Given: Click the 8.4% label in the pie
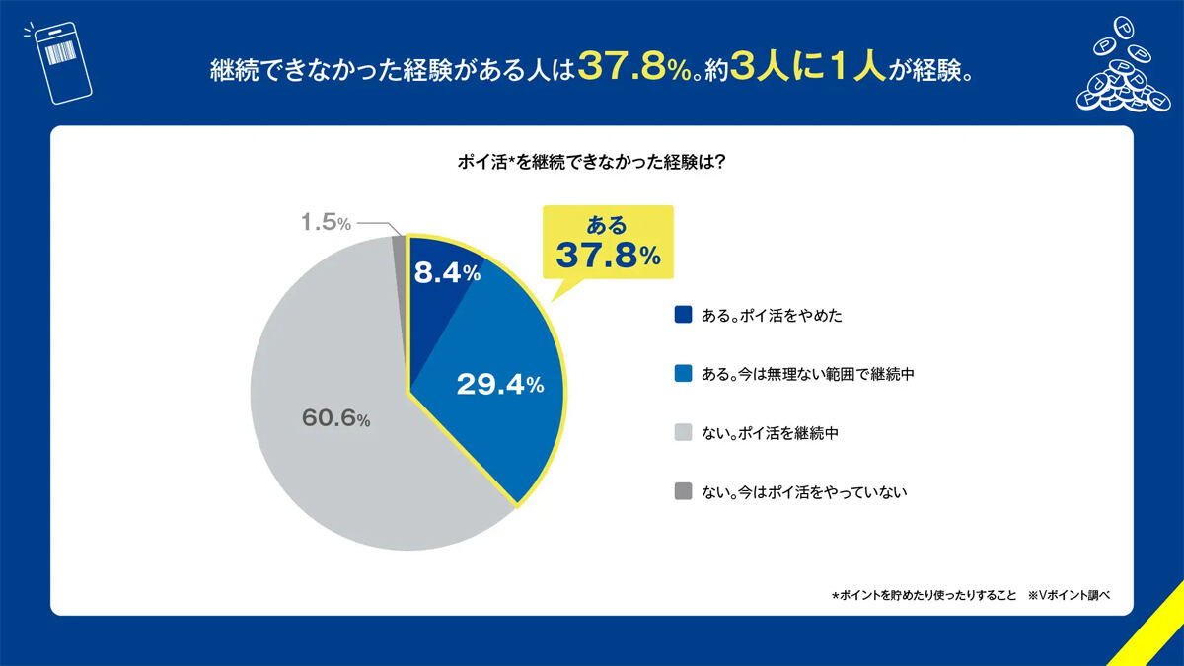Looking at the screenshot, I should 447,273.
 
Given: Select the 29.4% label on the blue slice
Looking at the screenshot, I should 499,385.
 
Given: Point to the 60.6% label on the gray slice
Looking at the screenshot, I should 334,419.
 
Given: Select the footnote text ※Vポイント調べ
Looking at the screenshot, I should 1070,595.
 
